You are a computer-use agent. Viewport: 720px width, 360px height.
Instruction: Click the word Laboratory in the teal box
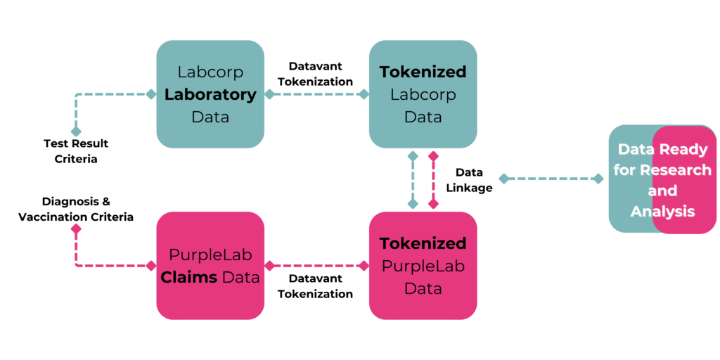coord(210,94)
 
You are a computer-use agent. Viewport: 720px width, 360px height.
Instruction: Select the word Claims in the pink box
coord(189,277)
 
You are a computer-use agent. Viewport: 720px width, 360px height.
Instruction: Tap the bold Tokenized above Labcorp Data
coord(423,72)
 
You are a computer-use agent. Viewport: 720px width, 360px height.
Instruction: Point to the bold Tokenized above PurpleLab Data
coord(423,243)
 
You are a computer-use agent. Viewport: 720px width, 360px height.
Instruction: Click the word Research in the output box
coord(676,170)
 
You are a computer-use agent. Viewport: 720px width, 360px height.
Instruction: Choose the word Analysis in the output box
coord(662,211)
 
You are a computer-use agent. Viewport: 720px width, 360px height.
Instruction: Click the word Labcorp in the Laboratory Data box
coord(210,72)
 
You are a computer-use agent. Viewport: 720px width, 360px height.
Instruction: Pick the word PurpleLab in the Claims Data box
coord(210,255)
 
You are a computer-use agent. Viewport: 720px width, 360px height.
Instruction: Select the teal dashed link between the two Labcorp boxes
coord(316,94)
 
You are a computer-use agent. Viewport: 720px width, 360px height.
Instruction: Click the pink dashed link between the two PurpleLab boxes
coord(316,266)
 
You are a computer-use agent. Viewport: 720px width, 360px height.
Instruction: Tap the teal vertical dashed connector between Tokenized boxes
coord(413,179)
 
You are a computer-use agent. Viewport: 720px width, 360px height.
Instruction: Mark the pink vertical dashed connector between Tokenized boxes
coord(433,179)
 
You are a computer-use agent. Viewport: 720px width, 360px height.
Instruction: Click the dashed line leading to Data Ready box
coord(551,179)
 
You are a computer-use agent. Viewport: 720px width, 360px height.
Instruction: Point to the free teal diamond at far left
coord(76,131)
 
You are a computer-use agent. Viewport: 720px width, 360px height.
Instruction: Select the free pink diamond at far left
coord(76,229)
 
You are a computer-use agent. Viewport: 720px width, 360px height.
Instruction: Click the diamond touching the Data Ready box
coord(598,179)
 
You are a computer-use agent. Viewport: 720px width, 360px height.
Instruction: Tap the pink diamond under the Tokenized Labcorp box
coord(433,155)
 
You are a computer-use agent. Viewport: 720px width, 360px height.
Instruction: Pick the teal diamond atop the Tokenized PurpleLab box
coord(413,204)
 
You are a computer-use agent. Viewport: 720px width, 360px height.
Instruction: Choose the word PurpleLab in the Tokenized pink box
coord(423,266)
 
